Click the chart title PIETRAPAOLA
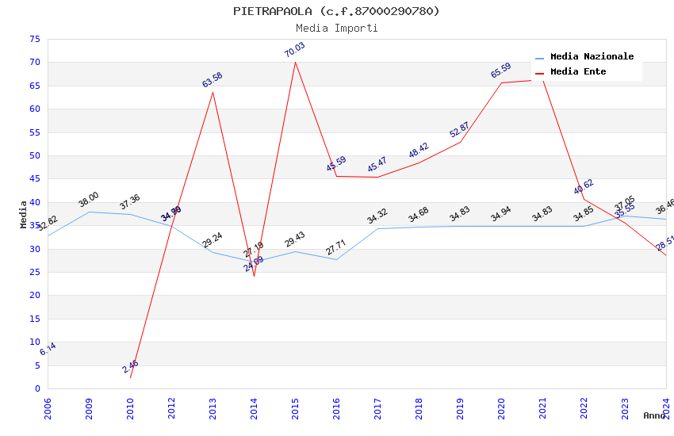pos(336,11)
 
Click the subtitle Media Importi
pos(336,29)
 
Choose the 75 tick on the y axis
pos(33,40)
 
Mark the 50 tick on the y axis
pos(33,156)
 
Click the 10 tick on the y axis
pos(33,342)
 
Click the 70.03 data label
pos(295,50)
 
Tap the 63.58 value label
pos(213,80)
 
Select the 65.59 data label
pos(501,71)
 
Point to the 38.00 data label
pos(89,200)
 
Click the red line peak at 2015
pos(295,62)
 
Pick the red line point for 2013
pos(213,92)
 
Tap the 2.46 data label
pos(130,366)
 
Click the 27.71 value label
pos(336,248)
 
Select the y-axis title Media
pos(24,214)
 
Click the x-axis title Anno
pos(654,415)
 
